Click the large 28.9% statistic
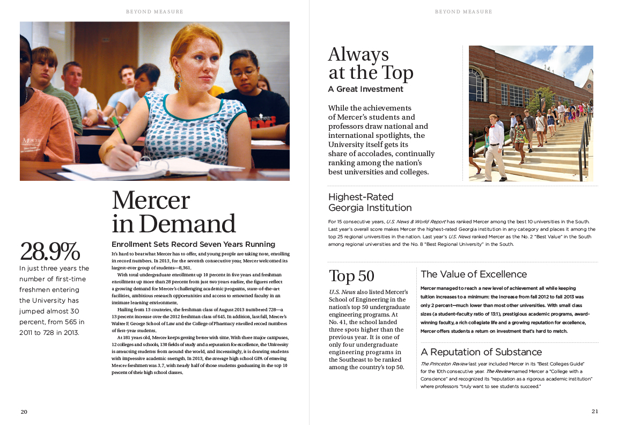(x=50, y=251)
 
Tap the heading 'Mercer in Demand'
(x=174, y=212)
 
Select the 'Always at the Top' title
(x=371, y=63)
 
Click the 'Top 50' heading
(x=351, y=276)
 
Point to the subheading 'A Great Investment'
(x=365, y=89)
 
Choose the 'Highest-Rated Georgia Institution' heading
(x=370, y=202)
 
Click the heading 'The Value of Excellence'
(x=474, y=274)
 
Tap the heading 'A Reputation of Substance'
(x=481, y=352)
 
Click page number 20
(x=24, y=412)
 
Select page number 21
(x=594, y=412)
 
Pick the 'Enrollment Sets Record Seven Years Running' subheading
(x=193, y=244)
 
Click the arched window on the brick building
(x=476, y=83)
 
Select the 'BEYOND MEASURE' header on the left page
(x=154, y=11)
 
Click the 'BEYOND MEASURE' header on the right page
(x=464, y=11)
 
